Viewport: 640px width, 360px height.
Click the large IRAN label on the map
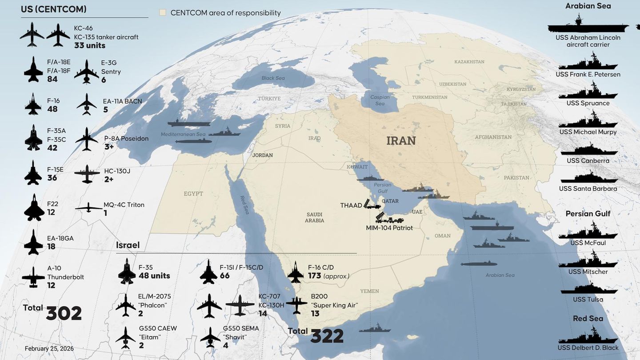pyautogui.click(x=401, y=141)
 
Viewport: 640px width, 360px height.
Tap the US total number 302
pyautogui.click(x=64, y=313)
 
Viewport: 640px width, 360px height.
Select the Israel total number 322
pyautogui.click(x=327, y=336)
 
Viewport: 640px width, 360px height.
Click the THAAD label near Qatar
pyautogui.click(x=351, y=205)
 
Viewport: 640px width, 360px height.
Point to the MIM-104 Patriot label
pyautogui.click(x=389, y=228)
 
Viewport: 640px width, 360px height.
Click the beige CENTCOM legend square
pyautogui.click(x=163, y=12)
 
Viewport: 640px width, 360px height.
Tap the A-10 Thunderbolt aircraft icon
pyautogui.click(x=33, y=277)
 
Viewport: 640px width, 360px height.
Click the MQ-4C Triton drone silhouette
pyautogui.click(x=88, y=208)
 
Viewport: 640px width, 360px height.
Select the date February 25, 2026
pyautogui.click(x=49, y=349)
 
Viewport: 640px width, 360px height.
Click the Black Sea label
pyautogui.click(x=273, y=78)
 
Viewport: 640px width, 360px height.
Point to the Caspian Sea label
pyautogui.click(x=380, y=100)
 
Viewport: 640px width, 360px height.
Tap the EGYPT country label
pyautogui.click(x=193, y=194)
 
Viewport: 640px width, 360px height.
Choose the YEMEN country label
pyautogui.click(x=370, y=291)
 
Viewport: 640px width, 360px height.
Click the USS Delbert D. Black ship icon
pyautogui.click(x=588, y=335)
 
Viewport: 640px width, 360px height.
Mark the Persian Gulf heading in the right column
pyautogui.click(x=588, y=214)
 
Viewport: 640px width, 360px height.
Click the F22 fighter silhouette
pyautogui.click(x=34, y=208)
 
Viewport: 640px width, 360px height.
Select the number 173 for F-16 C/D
pyautogui.click(x=315, y=276)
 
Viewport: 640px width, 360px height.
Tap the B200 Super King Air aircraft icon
pyautogui.click(x=296, y=305)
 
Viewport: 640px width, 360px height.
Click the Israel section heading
pyautogui.click(x=128, y=245)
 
